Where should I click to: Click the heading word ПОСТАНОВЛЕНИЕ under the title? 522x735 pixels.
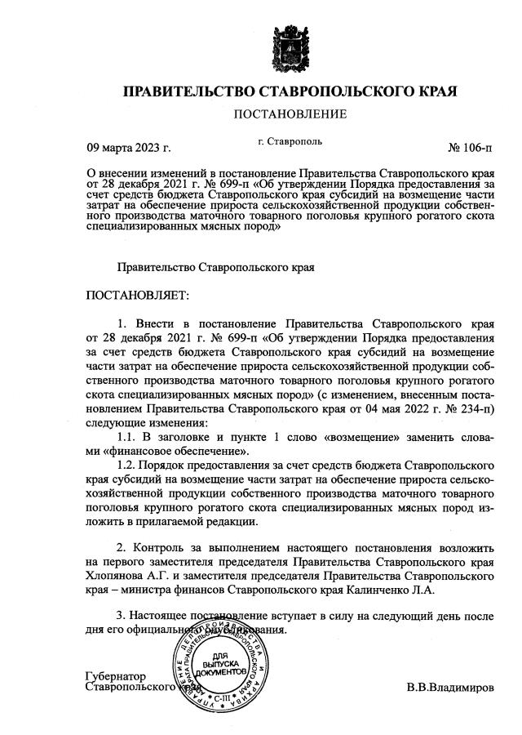click(x=290, y=114)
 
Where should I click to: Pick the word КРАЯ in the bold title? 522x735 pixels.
click(x=428, y=89)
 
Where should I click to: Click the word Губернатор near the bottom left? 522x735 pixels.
click(x=115, y=677)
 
